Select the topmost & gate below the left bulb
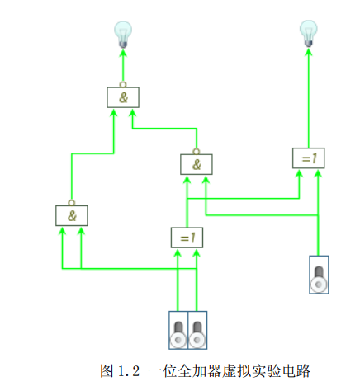point(123,96)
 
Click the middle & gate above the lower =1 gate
point(196,163)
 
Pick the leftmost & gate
point(71,215)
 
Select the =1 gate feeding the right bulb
point(309,157)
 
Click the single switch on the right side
point(319,275)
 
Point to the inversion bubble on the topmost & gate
point(123,84)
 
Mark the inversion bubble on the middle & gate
point(196,151)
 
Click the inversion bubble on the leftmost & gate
point(71,203)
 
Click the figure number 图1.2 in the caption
point(119,369)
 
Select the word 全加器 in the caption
point(183,369)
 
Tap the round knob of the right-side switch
point(319,285)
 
